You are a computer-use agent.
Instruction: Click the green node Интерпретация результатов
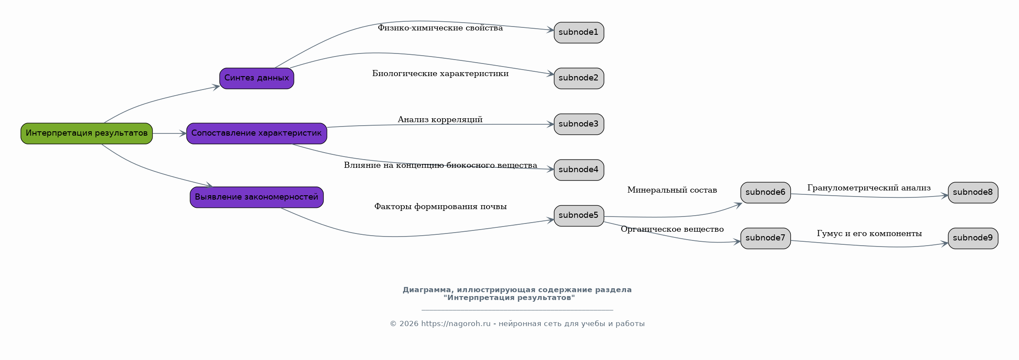(87, 133)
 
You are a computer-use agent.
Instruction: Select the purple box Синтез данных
(256, 78)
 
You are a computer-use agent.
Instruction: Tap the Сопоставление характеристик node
(256, 133)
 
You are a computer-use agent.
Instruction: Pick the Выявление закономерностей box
(256, 197)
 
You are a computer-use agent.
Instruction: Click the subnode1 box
(579, 33)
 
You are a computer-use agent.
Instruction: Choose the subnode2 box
(579, 78)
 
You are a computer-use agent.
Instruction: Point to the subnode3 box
(579, 124)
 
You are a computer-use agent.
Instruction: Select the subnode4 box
(579, 170)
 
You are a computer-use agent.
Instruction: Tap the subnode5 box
(579, 216)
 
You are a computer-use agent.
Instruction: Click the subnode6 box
(766, 193)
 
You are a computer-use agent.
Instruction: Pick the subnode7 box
(766, 238)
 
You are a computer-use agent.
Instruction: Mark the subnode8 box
(973, 193)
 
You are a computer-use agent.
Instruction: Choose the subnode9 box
(973, 238)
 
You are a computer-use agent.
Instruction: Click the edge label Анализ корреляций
(440, 120)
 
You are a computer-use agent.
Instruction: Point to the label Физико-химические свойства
(440, 28)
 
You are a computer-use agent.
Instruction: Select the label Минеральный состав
(672, 190)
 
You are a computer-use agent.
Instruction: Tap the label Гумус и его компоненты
(869, 233)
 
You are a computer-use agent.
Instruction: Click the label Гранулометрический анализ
(869, 188)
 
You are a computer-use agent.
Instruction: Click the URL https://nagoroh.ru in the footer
(456, 324)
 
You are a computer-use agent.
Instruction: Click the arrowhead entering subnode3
(550, 124)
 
